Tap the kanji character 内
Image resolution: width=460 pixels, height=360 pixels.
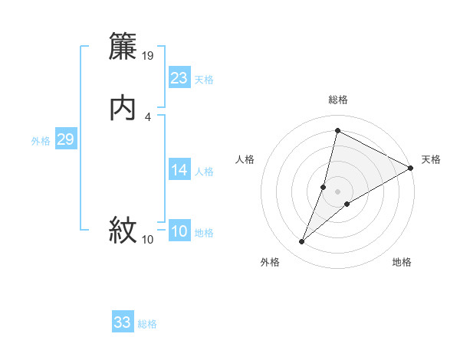pyautogui.click(x=123, y=108)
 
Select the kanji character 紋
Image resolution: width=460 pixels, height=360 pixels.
pyautogui.click(x=123, y=229)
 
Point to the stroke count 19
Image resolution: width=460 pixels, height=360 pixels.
pyautogui.click(x=149, y=55)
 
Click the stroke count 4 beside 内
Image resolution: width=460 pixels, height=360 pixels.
pyautogui.click(x=147, y=116)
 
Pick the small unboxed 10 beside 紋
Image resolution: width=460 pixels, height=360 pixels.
pyautogui.click(x=148, y=240)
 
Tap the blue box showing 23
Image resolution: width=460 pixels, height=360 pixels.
pyautogui.click(x=179, y=77)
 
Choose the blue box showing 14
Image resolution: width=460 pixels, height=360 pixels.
pyautogui.click(x=179, y=169)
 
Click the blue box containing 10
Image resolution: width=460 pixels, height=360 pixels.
pyautogui.click(x=179, y=231)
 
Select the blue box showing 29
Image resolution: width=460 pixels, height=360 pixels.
pyautogui.click(x=66, y=139)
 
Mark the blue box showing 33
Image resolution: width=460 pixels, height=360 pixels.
pyautogui.click(x=123, y=322)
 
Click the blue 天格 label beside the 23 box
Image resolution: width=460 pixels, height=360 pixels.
pyautogui.click(x=204, y=80)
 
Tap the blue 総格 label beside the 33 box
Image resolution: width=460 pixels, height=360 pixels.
pyautogui.click(x=147, y=324)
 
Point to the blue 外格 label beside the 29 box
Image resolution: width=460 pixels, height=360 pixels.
pyautogui.click(x=40, y=141)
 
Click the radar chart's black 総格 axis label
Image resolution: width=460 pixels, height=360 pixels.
pyautogui.click(x=338, y=100)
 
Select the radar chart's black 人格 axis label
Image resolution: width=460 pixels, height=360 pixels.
pyautogui.click(x=245, y=159)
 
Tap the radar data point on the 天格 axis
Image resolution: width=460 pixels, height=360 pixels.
pyautogui.click(x=411, y=168)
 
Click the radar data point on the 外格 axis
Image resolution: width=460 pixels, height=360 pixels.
pyautogui.click(x=302, y=242)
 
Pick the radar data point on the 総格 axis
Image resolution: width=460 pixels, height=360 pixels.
pyautogui.click(x=337, y=130)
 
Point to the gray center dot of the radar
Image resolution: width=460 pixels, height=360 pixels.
pyautogui.click(x=338, y=191)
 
